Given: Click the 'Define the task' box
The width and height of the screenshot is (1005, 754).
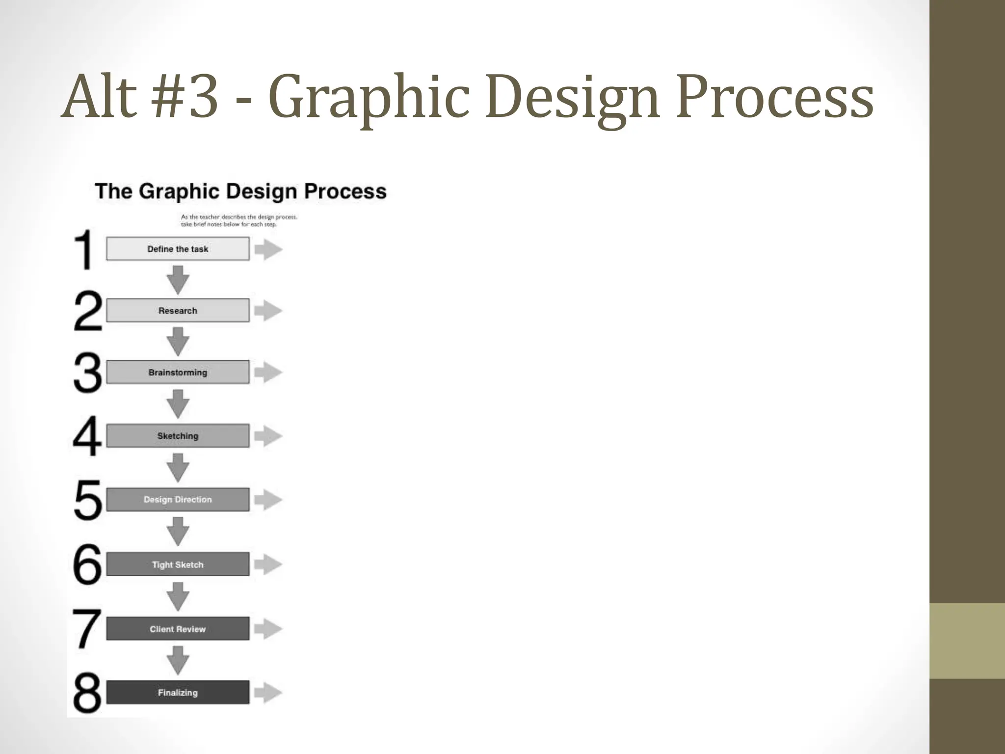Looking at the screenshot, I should coord(178,249).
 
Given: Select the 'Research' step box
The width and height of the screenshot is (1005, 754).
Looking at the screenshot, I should coord(178,311).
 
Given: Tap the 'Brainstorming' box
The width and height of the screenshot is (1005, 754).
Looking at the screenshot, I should coord(178,372).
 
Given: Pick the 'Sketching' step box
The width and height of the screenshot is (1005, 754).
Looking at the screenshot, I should coord(178,436).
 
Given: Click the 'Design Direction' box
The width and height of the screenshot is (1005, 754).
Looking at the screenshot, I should coord(178,500).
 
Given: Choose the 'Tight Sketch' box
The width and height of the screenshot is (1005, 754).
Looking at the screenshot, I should coord(178,565).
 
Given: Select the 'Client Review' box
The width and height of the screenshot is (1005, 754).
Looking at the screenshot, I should coord(178,629).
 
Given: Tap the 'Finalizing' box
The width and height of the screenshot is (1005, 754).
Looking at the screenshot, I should coord(178,693).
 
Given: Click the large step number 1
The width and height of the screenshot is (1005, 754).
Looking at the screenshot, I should coord(84,249).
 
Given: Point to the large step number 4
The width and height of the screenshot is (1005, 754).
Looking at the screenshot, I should coord(87,436).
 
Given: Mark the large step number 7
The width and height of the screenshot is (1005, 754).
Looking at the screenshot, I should coord(87,629).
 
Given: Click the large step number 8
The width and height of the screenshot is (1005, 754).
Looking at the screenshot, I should coord(87,693).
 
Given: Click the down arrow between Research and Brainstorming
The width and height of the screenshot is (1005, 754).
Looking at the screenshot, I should coord(178,341).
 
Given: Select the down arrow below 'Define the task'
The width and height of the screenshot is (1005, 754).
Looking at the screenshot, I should coord(178,279).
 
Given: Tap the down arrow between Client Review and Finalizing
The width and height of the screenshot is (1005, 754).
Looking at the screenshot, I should coord(178,660).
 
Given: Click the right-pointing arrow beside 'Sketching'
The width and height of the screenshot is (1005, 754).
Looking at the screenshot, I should coord(268,436).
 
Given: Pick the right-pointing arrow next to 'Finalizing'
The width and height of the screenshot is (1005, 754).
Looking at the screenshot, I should coord(268,693).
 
